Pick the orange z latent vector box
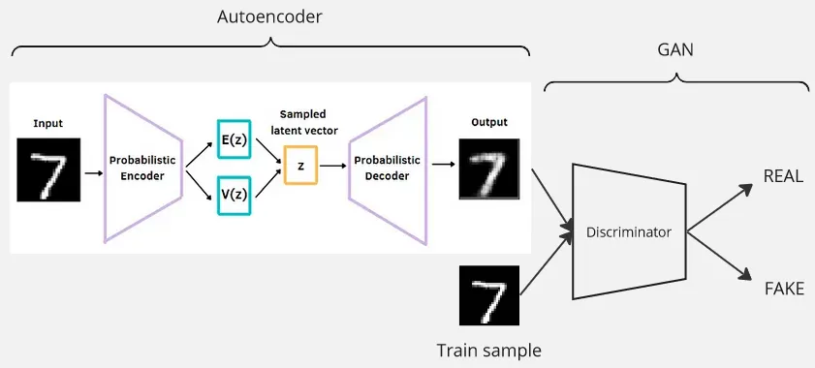click(x=301, y=166)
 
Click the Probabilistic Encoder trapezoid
click(x=142, y=169)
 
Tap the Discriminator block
click(x=628, y=231)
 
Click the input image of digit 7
click(x=48, y=169)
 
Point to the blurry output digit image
click(x=490, y=169)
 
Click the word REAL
click(x=784, y=176)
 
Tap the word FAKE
click(x=784, y=289)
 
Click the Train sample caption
click(x=488, y=350)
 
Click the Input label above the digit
click(x=48, y=123)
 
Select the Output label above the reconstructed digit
click(x=489, y=123)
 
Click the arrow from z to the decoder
click(x=331, y=167)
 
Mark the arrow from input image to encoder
click(x=94, y=172)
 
